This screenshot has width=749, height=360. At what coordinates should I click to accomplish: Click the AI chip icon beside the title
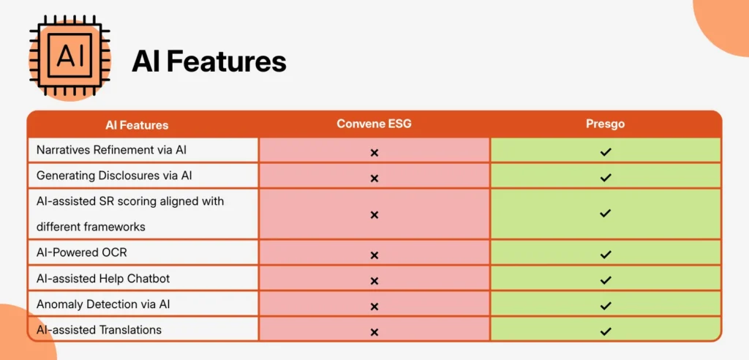[69, 56]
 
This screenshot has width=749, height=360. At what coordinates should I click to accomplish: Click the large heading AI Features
[209, 61]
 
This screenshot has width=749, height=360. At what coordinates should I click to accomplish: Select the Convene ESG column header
[374, 124]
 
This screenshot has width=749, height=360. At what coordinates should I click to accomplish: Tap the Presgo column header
[605, 124]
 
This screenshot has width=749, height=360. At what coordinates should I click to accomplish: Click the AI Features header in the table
[137, 125]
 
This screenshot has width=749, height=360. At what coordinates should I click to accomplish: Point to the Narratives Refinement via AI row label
[111, 150]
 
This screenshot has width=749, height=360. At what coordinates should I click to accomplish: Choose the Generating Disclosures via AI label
[114, 176]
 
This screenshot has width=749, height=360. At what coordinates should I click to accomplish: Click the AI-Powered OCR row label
[82, 252]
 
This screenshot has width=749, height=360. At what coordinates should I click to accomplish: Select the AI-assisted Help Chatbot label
[103, 278]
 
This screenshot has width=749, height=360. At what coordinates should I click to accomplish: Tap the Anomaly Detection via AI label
[103, 304]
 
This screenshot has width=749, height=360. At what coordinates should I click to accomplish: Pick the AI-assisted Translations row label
[99, 330]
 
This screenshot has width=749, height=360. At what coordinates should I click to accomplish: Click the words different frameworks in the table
[91, 227]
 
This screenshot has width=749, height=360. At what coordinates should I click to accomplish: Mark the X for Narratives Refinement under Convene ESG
[374, 153]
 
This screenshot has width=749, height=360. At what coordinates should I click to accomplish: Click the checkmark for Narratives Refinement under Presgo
[606, 152]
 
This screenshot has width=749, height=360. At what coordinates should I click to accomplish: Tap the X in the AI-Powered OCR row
[374, 255]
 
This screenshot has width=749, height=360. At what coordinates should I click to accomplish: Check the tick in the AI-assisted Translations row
[606, 331]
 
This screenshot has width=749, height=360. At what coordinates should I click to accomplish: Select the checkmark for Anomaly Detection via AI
[606, 305]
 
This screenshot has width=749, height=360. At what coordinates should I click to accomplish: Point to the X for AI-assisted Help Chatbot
[374, 281]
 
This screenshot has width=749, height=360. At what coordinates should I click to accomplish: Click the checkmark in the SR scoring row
[606, 213]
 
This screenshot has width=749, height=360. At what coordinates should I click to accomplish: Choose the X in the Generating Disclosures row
[374, 179]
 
